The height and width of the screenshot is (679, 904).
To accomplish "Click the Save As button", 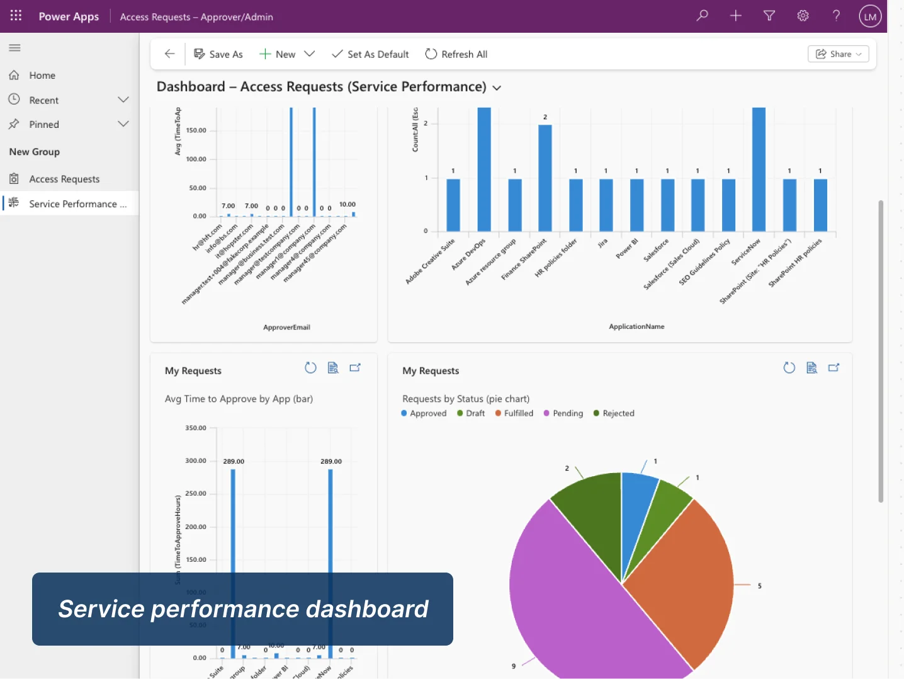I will (218, 54).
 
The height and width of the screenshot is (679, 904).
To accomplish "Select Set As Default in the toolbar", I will (370, 54).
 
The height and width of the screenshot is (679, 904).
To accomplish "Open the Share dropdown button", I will (838, 54).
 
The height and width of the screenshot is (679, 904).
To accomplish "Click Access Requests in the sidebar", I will (64, 180).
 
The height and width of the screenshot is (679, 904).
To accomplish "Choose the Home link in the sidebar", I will (42, 76).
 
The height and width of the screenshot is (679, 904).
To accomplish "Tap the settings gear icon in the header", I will (803, 16).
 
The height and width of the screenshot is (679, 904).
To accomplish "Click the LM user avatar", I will (870, 16).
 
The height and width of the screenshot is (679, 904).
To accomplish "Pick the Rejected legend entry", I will (618, 414).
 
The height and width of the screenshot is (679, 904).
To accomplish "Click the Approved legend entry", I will (427, 414).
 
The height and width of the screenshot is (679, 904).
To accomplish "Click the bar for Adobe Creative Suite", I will (453, 205).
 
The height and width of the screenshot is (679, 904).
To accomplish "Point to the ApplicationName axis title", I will (636, 327).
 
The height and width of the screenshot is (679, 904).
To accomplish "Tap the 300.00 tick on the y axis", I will (196, 461).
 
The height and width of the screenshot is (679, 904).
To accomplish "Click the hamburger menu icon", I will (15, 48).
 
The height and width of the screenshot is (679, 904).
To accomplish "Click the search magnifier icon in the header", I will (703, 16).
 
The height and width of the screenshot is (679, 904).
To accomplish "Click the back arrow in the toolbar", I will (169, 54).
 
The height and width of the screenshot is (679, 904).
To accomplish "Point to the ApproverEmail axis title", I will (286, 328).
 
